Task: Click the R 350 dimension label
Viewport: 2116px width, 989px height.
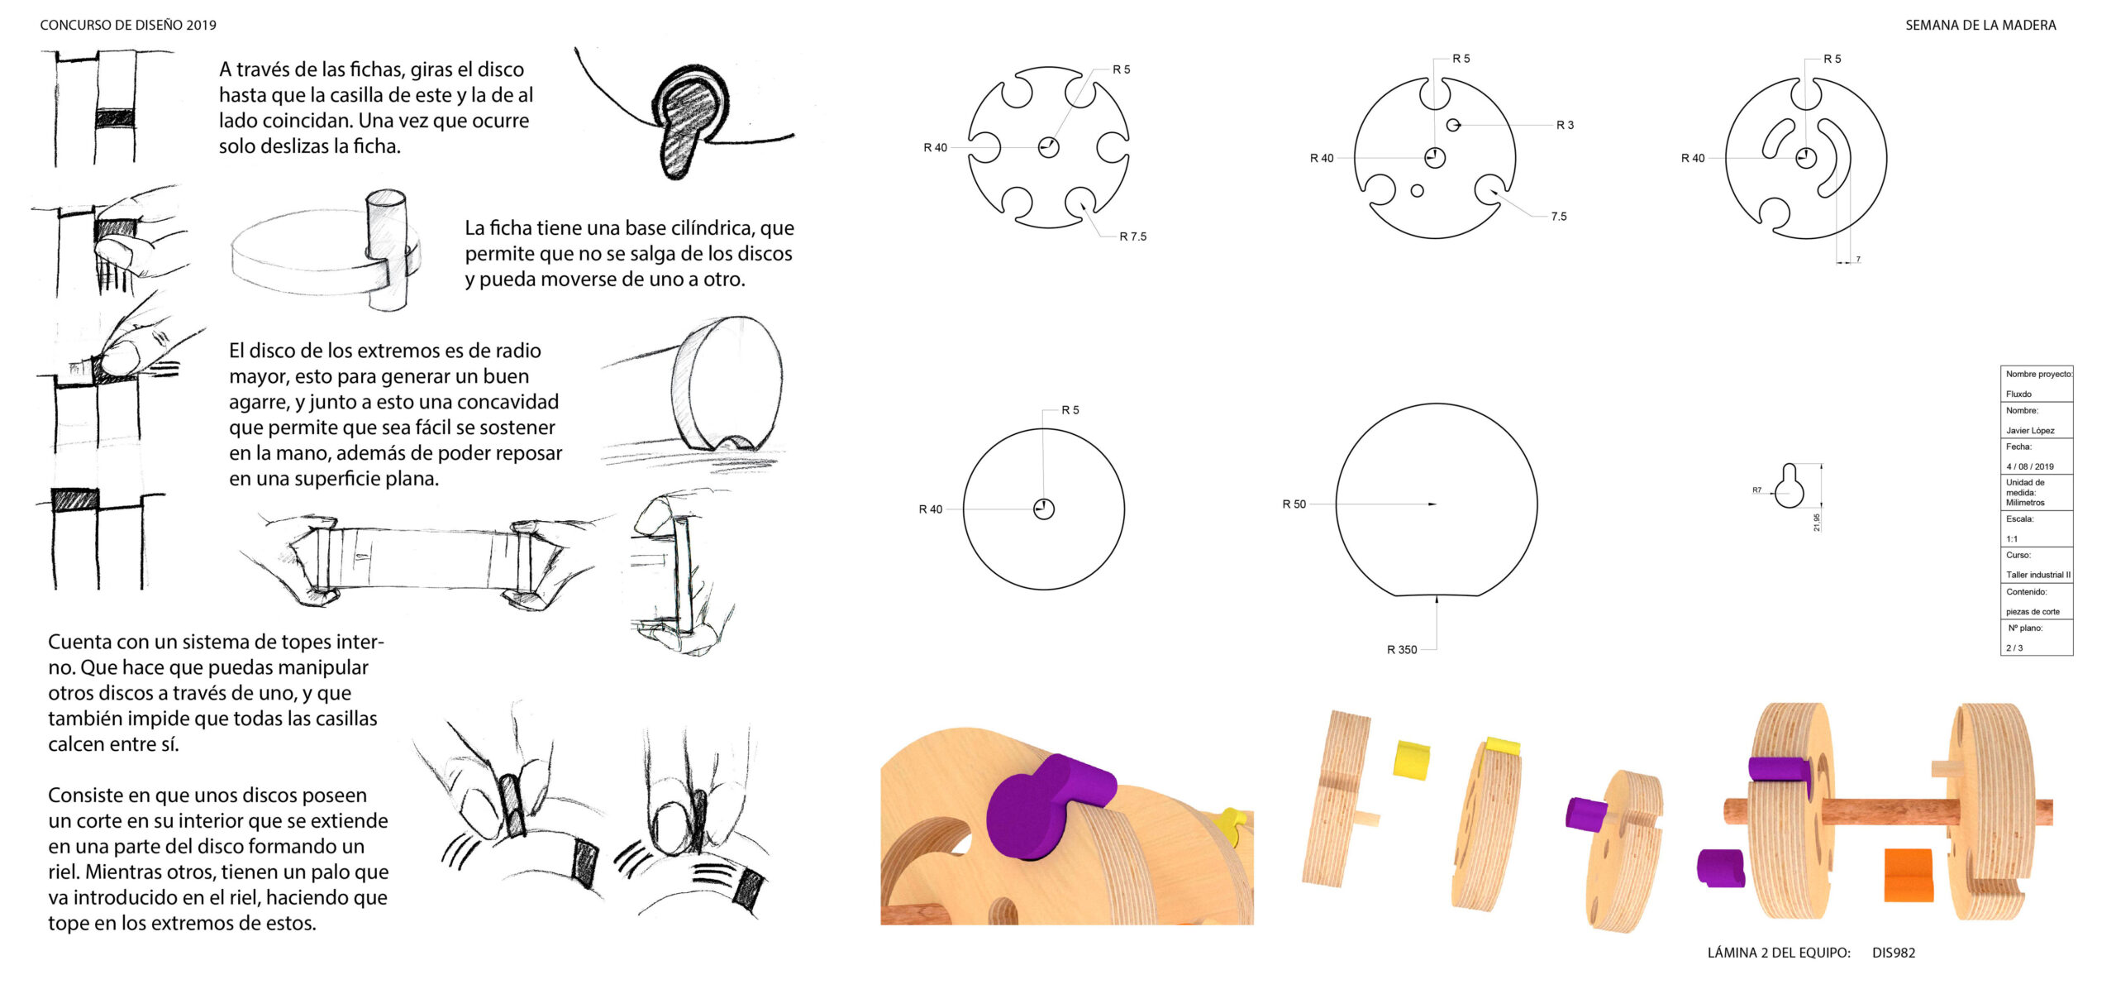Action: click(x=1402, y=650)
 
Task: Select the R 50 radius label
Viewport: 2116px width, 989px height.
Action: click(x=1294, y=504)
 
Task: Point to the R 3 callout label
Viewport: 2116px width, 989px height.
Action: click(x=1565, y=125)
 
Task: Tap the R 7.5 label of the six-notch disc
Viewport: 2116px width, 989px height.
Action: click(x=1132, y=236)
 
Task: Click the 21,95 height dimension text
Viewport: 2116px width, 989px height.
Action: click(x=1817, y=523)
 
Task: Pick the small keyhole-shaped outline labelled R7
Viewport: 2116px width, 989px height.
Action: click(x=1790, y=485)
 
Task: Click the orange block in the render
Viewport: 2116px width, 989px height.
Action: click(x=1909, y=875)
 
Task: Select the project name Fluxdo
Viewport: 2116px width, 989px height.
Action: click(x=2018, y=394)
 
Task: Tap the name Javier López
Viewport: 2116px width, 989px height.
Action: click(x=2030, y=430)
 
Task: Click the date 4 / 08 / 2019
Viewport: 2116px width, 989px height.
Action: click(x=2030, y=466)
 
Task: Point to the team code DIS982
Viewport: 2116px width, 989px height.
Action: click(x=1894, y=953)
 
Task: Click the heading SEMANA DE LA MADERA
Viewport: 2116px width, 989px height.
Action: click(x=1980, y=26)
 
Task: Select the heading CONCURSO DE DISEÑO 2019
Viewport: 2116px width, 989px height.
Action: click(x=128, y=26)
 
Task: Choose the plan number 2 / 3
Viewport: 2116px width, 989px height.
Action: click(x=2015, y=648)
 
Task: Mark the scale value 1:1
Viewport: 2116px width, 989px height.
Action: click(x=2012, y=539)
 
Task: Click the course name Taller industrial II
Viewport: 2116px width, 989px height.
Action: click(x=2038, y=575)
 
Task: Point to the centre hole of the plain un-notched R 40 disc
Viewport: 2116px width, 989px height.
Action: click(x=1044, y=509)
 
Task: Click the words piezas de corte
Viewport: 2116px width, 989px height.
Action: click(x=2033, y=612)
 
